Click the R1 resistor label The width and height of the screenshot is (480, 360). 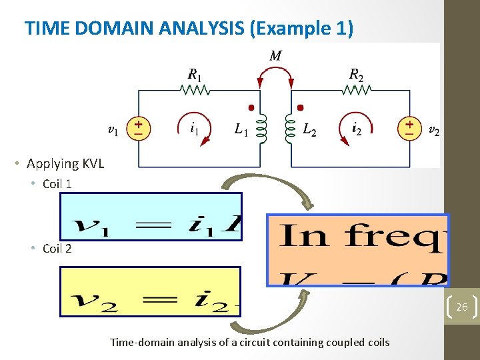click(x=195, y=73)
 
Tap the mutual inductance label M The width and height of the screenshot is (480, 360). click(x=275, y=56)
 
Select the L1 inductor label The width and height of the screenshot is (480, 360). click(x=241, y=129)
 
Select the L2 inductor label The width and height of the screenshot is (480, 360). click(x=309, y=129)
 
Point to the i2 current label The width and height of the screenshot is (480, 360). click(x=357, y=129)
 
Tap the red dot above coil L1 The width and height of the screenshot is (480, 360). click(x=251, y=107)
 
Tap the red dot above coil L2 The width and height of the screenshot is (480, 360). click(x=300, y=107)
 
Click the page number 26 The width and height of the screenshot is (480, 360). click(x=461, y=307)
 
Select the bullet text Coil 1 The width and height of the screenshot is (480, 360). click(x=57, y=184)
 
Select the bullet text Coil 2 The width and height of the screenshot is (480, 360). click(x=57, y=249)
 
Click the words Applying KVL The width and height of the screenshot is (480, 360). click(x=65, y=163)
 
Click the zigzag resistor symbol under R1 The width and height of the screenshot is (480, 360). click(x=195, y=89)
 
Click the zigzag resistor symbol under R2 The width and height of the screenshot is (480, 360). click(x=357, y=89)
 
